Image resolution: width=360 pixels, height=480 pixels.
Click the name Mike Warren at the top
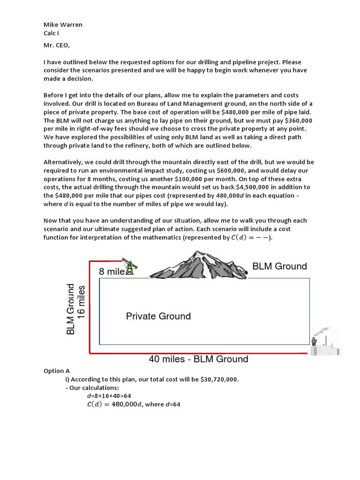[63, 24]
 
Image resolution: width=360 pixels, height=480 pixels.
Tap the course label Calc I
[51, 33]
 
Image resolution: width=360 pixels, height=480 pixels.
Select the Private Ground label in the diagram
[158, 316]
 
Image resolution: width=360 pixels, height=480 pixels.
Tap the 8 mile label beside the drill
[111, 271]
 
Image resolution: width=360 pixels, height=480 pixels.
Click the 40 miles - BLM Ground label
[198, 360]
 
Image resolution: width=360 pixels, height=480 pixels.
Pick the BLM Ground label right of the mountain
[279, 266]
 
